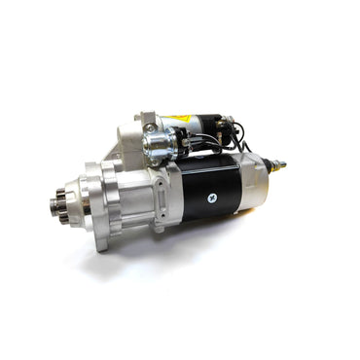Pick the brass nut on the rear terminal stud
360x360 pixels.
pyautogui.click(x=276, y=164)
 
